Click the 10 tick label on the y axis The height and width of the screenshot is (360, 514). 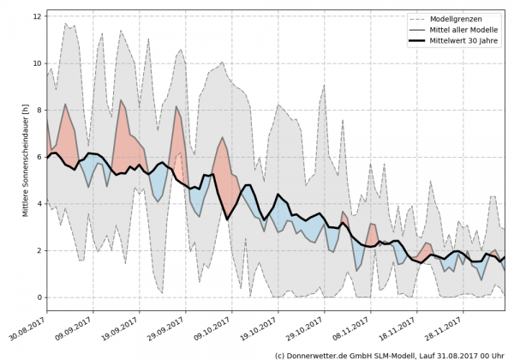tap(37, 63)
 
